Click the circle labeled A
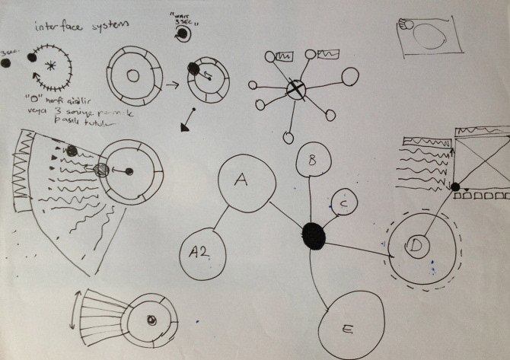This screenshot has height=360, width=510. click(x=244, y=183)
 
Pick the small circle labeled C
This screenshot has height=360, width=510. click(x=344, y=203)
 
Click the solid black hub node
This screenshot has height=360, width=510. click(x=313, y=235)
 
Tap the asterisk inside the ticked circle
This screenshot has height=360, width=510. click(x=51, y=66)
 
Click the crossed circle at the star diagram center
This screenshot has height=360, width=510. click(x=295, y=91)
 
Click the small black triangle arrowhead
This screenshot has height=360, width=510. click(x=185, y=128)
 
